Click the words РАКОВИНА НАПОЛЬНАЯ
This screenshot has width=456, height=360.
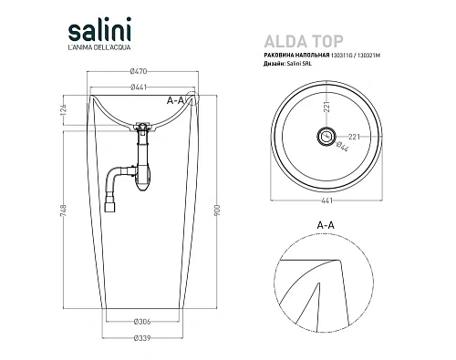(x=297, y=57)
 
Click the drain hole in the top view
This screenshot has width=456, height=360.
(x=324, y=137)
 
